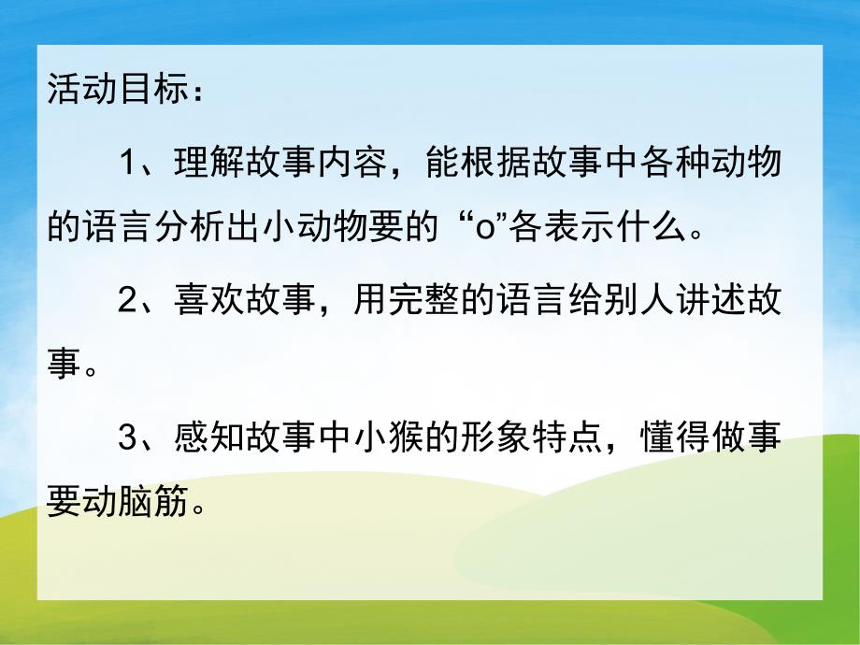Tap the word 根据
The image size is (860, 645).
tap(510, 164)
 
